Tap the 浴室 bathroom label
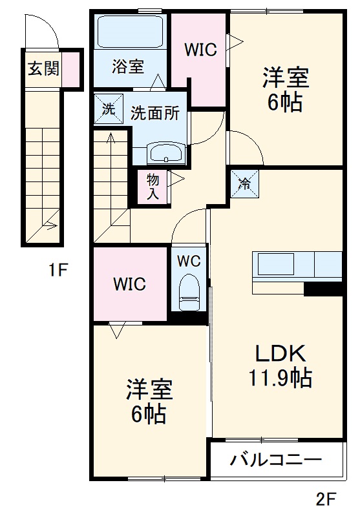click(127, 67)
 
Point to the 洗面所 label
click(155, 113)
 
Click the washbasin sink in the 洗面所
click(167, 154)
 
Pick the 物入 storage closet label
click(153, 186)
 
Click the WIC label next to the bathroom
click(200, 49)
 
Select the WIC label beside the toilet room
click(129, 284)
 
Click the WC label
click(189, 262)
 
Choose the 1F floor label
click(58, 271)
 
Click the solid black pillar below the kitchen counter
click(323, 289)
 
